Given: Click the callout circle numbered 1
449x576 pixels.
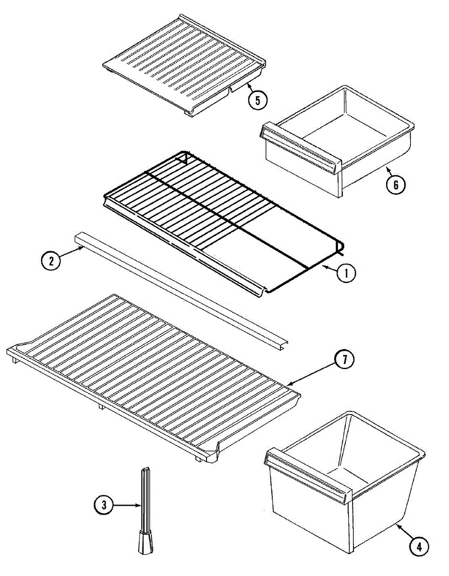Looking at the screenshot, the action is (x=346, y=273).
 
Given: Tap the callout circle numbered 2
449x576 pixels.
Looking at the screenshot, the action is (x=51, y=261).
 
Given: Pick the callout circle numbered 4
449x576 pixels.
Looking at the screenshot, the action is (x=419, y=546).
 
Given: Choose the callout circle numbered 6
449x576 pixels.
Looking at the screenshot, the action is (x=395, y=184).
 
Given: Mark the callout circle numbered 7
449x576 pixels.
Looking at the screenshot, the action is (x=344, y=360).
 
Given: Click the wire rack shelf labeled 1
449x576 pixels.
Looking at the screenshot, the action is (x=216, y=211).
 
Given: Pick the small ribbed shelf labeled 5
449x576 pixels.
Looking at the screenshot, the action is (x=185, y=65).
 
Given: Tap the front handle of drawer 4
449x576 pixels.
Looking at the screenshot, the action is (x=307, y=473).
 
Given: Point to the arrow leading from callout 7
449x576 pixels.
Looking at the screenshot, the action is (x=312, y=373).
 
